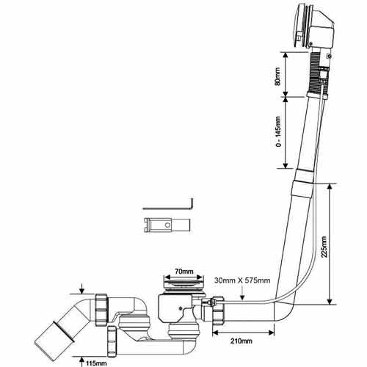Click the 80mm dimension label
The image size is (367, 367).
277,76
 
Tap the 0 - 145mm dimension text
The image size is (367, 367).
278,131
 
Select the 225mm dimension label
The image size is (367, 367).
324,247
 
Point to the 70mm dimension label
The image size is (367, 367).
184,272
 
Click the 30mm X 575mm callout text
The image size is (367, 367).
242,280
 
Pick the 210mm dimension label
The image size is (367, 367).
241,341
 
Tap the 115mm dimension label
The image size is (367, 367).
96,363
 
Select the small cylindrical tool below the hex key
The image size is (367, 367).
167,225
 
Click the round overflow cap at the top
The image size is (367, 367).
299,26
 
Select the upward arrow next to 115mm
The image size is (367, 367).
81,361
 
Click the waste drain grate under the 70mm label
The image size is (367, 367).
183,284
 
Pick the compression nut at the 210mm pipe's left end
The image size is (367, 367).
218,311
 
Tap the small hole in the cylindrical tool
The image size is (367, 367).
167,225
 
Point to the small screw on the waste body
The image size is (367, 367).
181,308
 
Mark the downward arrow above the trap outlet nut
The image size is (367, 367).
81,288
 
